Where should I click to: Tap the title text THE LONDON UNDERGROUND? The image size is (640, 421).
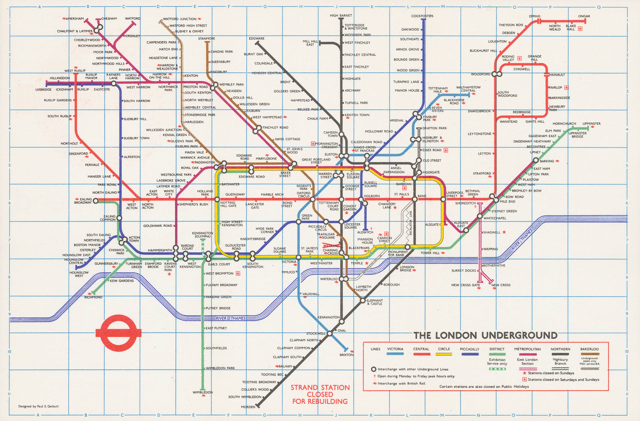[485, 335]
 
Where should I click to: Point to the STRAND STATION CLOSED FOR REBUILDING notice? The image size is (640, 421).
[320, 394]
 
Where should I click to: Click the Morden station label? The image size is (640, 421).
[248, 407]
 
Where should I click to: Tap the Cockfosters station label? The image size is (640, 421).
[422, 16]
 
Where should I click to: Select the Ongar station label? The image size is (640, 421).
[584, 16]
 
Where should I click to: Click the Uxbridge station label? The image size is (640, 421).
[43, 90]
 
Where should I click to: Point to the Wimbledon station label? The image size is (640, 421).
[203, 392]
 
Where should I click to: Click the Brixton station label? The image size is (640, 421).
[346, 355]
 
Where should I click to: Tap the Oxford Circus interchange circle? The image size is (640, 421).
[313, 199]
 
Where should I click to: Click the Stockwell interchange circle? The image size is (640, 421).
[330, 333]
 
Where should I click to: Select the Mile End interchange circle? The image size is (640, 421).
[496, 199]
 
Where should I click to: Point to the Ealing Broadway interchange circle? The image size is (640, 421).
[96, 202]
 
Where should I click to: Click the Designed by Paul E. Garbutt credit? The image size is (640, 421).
[38, 406]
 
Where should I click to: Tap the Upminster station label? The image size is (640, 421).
[591, 124]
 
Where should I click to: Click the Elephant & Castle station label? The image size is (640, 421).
[375, 302]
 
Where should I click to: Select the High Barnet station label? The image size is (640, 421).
[341, 16]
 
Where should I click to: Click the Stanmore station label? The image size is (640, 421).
[206, 39]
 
